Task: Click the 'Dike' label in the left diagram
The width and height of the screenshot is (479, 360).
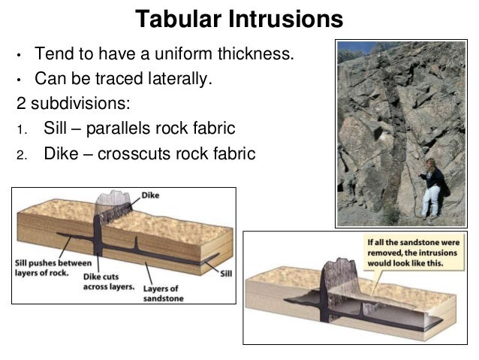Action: pyautogui.click(x=151, y=195)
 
